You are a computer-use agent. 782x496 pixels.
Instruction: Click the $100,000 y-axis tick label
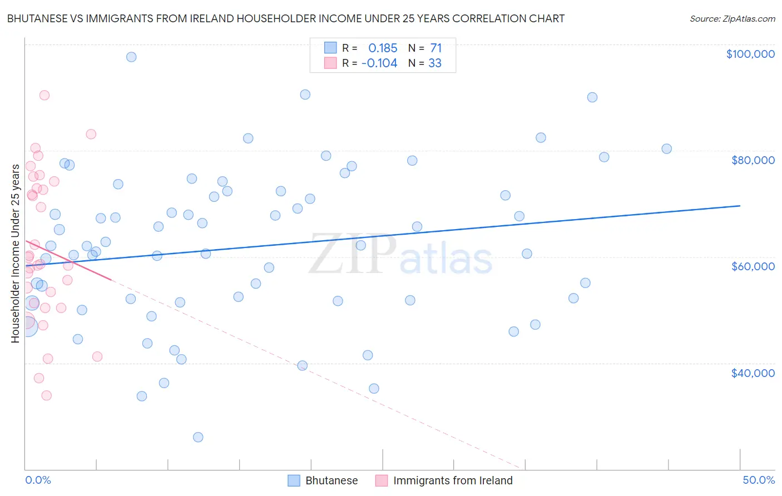click(x=750, y=54)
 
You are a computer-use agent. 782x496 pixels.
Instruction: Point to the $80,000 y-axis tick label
click(x=753, y=160)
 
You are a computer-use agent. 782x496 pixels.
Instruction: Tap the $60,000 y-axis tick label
click(x=753, y=266)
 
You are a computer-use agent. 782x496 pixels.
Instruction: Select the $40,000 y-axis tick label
click(x=753, y=373)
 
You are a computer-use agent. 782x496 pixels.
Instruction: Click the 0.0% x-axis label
click(x=38, y=480)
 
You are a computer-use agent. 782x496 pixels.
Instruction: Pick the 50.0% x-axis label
click(x=758, y=480)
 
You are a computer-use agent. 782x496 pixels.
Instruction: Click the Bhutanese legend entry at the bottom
click(x=331, y=480)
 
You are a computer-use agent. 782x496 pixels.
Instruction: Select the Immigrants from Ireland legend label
click(x=452, y=480)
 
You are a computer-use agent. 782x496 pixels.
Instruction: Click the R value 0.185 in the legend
click(x=383, y=48)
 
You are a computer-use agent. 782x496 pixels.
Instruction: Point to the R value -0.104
click(x=379, y=63)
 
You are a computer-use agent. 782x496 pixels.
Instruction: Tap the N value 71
click(x=435, y=48)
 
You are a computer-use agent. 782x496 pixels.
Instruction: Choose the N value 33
click(x=434, y=63)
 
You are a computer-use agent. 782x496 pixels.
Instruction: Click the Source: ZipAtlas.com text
click(x=732, y=19)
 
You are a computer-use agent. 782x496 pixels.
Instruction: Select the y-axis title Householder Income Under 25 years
click(x=15, y=253)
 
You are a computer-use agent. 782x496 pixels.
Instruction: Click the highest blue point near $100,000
click(x=131, y=57)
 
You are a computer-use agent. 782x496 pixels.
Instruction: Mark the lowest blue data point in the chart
click(x=198, y=437)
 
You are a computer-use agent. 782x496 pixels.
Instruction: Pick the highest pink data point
click(x=44, y=95)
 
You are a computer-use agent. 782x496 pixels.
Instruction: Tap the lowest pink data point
click(x=47, y=395)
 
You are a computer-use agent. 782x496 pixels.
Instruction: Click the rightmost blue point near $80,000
click(x=666, y=148)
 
